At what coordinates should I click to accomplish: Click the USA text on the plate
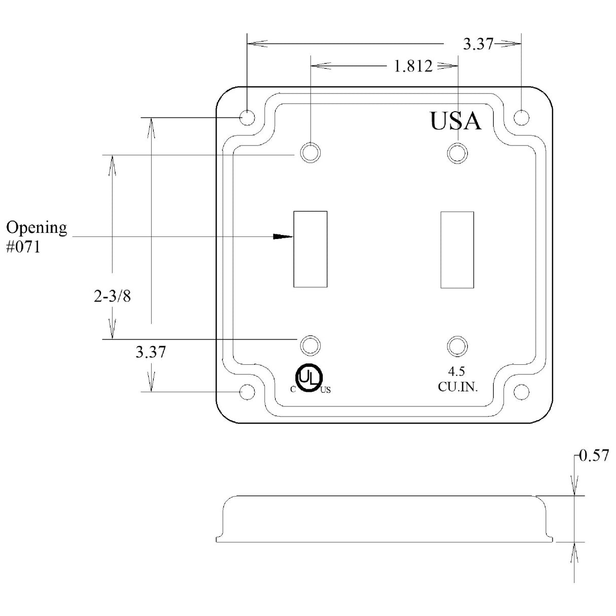(x=455, y=121)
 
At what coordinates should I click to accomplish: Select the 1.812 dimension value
(x=413, y=66)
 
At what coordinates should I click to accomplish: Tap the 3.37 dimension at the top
(x=478, y=45)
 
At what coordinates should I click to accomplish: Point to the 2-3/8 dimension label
(x=112, y=296)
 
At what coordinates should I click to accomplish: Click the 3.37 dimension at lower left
(x=150, y=352)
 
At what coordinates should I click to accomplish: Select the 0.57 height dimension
(x=593, y=456)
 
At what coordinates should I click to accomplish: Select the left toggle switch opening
(x=311, y=249)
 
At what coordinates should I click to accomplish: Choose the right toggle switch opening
(x=457, y=249)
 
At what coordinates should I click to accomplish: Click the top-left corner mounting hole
(x=247, y=118)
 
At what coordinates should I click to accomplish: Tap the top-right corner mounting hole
(x=521, y=118)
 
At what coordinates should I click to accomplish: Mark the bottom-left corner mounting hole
(x=247, y=392)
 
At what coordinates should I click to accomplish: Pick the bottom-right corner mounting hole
(x=521, y=392)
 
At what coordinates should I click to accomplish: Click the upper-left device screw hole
(x=311, y=153)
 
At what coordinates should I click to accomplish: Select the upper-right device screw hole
(x=457, y=152)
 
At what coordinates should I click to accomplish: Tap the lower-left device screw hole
(x=311, y=346)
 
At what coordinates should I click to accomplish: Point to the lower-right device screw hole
(x=457, y=346)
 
